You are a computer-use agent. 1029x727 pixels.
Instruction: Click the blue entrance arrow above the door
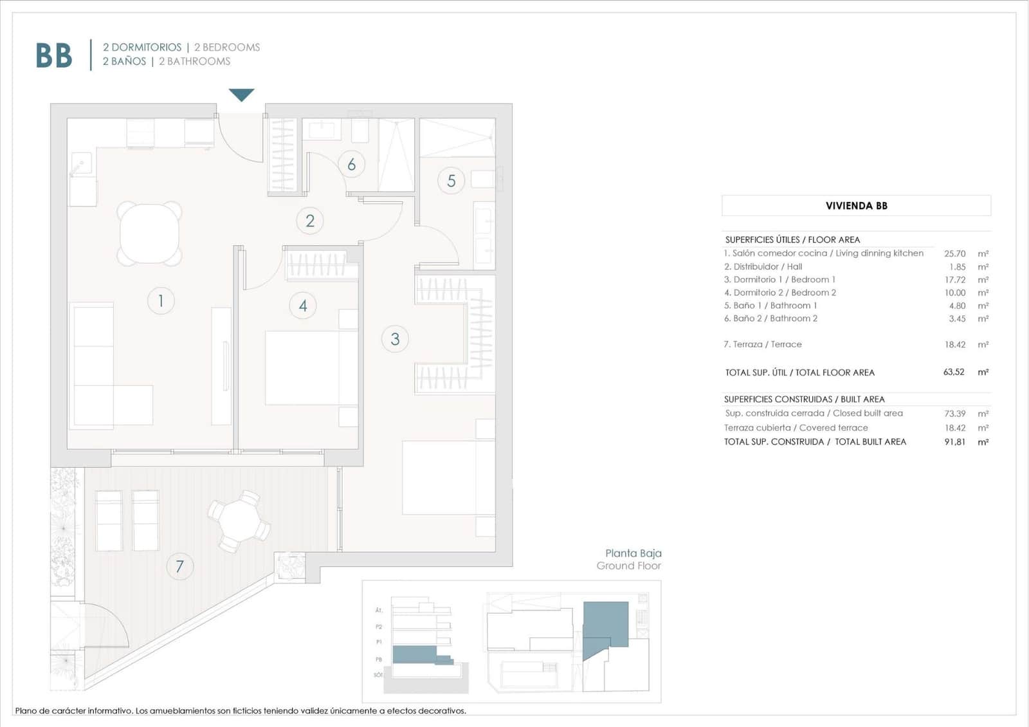[241, 95]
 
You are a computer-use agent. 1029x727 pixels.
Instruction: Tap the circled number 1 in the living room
[161, 300]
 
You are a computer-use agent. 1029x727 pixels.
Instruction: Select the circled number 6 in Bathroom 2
[351, 165]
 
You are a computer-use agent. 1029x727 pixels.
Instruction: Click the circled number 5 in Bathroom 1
[451, 181]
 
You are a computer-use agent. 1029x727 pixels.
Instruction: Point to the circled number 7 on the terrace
[179, 567]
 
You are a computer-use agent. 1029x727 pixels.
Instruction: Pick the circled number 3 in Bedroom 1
[395, 339]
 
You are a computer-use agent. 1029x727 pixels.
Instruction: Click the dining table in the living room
[149, 234]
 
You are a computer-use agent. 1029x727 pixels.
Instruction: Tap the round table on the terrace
[239, 521]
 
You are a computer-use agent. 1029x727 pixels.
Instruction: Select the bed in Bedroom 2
[311, 368]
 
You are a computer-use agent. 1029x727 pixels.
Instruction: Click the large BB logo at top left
[54, 55]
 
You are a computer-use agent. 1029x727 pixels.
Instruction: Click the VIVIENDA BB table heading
[856, 206]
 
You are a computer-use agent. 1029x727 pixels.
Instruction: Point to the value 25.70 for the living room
[954, 253]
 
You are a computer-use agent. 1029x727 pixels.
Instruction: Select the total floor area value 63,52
[954, 372]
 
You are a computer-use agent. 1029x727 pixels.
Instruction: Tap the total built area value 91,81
[954, 442]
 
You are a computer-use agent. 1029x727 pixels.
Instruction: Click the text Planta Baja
[633, 553]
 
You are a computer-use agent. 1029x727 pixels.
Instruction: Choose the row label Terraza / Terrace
[763, 344]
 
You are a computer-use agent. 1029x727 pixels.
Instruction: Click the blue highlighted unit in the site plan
[605, 624]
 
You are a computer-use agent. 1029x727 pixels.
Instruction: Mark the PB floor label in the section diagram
[379, 659]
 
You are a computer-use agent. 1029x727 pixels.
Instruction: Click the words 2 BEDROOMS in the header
[227, 47]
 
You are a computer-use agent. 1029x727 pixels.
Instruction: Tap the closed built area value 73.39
[954, 414]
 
